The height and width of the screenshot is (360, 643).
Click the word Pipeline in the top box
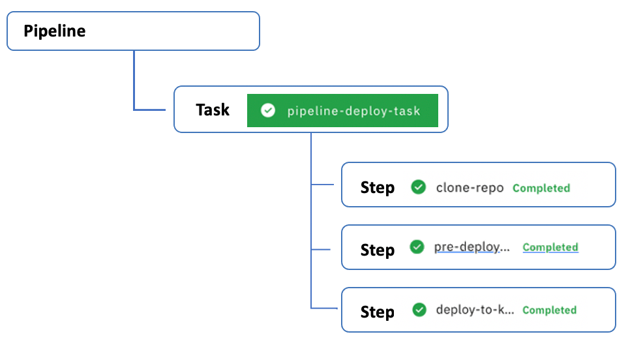[55, 31]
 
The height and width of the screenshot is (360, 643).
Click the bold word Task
[213, 110]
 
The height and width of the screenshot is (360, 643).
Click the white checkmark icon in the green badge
[267, 111]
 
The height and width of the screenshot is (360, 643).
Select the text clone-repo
[470, 188]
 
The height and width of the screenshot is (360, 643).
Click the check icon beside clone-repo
[418, 187]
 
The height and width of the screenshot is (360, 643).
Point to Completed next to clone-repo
[541, 188]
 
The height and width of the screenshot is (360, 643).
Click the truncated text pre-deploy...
[471, 247]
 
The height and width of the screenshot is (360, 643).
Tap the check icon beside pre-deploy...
[417, 247]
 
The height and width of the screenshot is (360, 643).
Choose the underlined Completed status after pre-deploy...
[550, 247]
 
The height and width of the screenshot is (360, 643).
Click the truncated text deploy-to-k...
[475, 310]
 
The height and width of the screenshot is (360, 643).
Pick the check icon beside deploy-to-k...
[419, 310]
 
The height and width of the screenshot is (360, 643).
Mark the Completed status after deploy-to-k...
[549, 310]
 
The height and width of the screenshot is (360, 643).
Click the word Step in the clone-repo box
[378, 188]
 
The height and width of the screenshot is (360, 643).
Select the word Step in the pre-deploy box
[378, 250]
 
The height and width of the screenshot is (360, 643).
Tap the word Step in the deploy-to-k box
[378, 312]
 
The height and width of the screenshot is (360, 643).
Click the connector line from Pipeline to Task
[134, 82]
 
